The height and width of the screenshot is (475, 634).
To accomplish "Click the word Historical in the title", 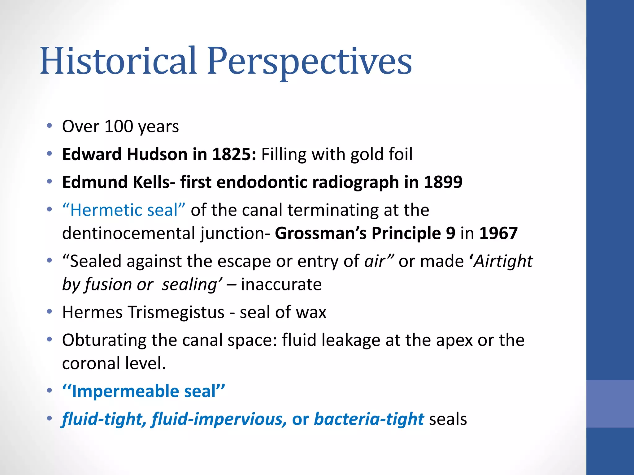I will [x=119, y=61].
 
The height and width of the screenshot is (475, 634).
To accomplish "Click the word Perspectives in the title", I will [x=310, y=62].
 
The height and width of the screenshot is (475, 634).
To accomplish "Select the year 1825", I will [x=234, y=154].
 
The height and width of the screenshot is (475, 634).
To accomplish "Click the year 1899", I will [x=443, y=182].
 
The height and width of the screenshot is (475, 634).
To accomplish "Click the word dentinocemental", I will [x=130, y=233].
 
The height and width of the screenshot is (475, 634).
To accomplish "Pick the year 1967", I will [x=498, y=233].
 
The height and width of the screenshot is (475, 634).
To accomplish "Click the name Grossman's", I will [x=321, y=233].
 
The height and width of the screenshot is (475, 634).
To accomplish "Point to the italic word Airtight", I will [x=503, y=262].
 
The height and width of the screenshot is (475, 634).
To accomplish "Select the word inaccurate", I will [x=281, y=285].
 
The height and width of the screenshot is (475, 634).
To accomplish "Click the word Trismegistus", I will [x=176, y=312].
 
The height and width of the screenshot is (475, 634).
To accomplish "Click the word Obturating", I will [x=104, y=340].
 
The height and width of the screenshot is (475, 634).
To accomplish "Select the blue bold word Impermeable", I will [x=125, y=391].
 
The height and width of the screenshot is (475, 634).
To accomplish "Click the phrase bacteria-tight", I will [x=369, y=419].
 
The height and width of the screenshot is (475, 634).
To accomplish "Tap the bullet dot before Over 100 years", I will [x=50, y=126].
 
